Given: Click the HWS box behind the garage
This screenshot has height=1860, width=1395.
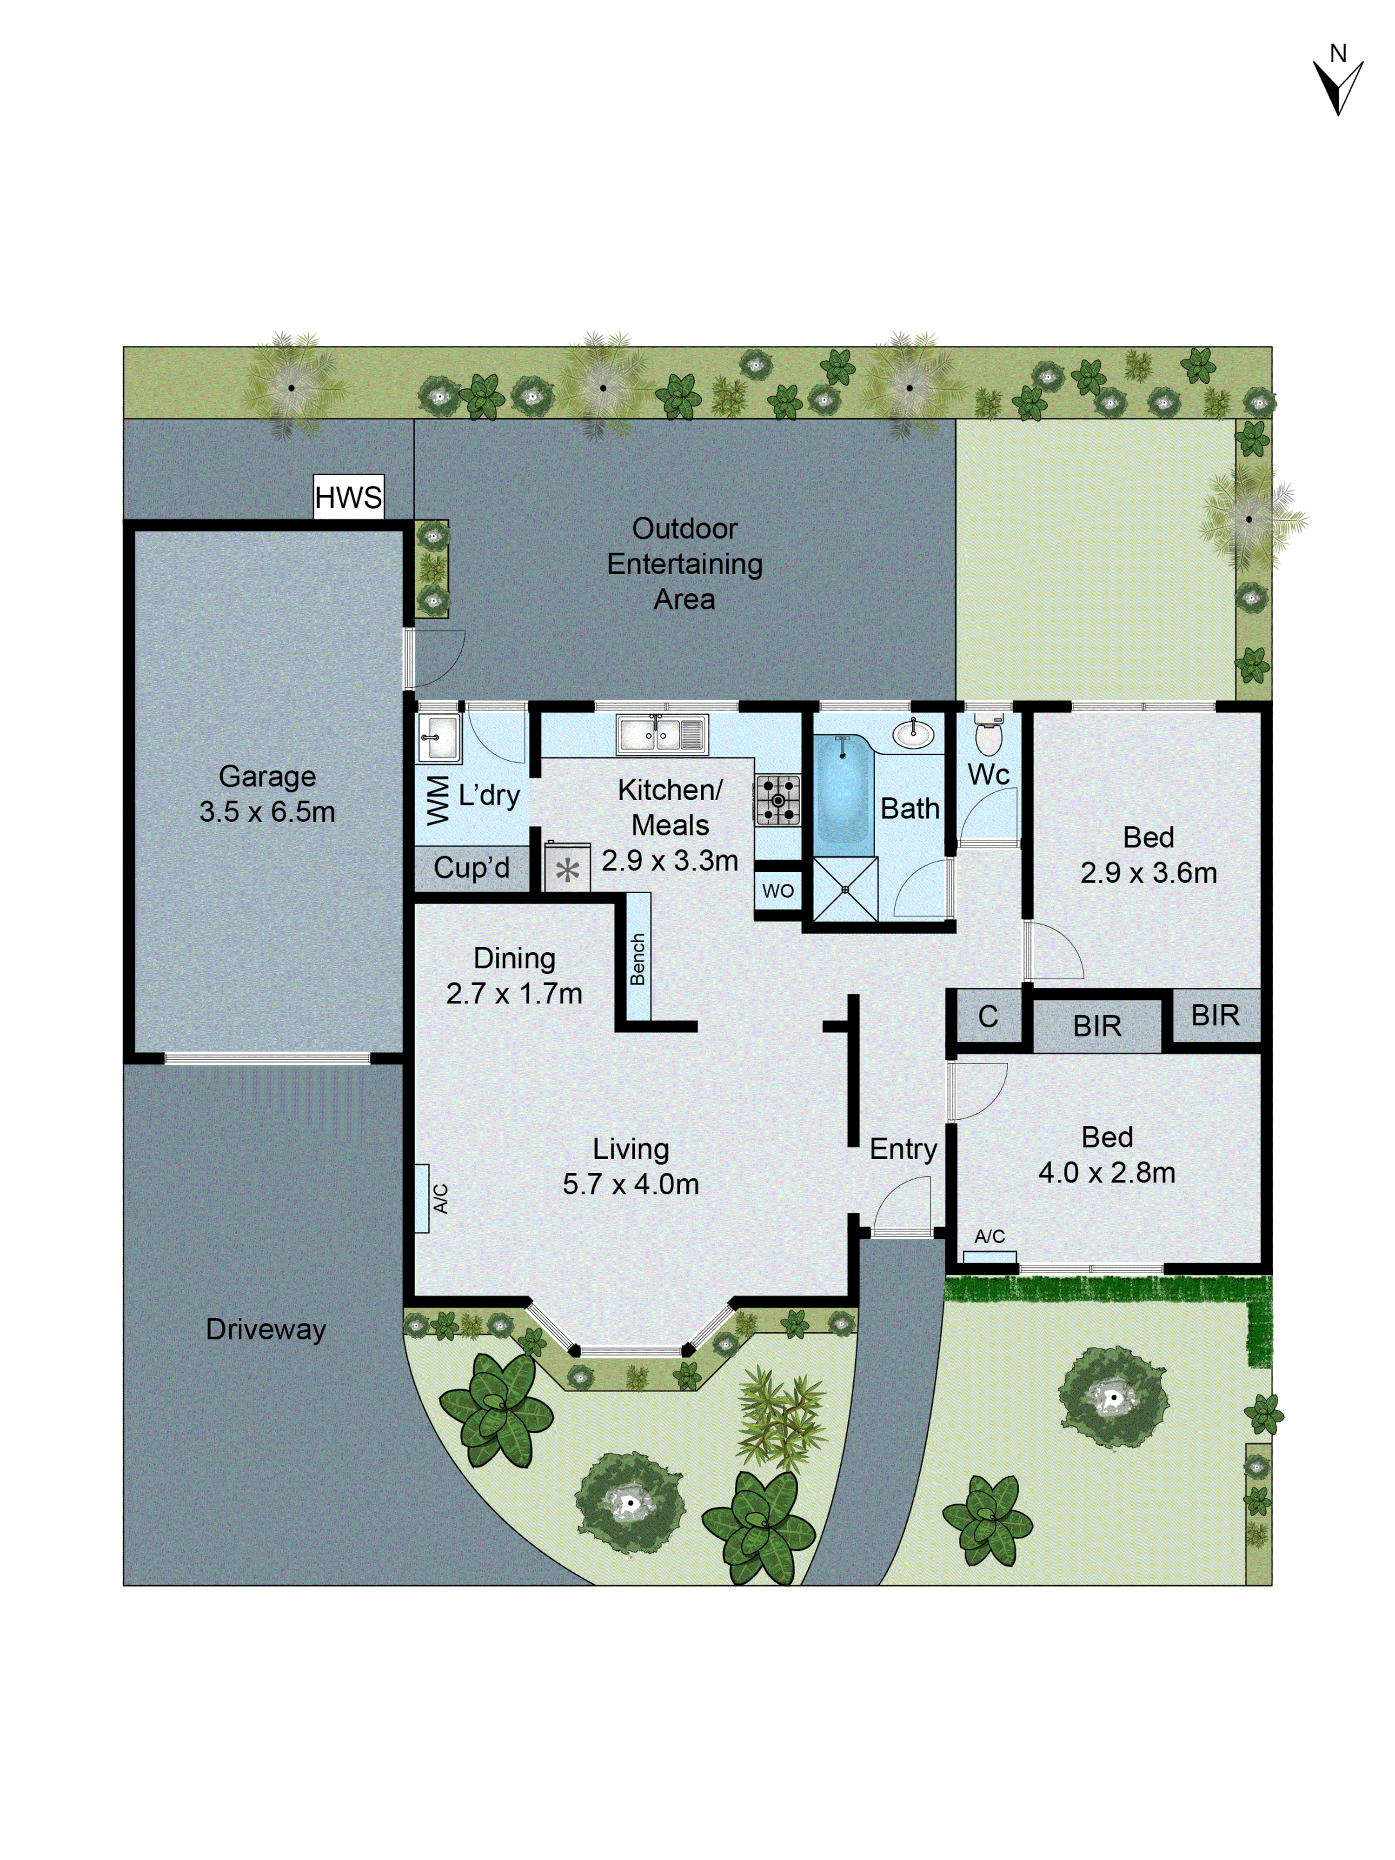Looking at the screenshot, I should pos(348,497).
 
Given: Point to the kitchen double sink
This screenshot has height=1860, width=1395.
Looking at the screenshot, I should pos(662,734).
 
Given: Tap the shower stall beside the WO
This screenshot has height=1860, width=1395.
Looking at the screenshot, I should pos(845,889).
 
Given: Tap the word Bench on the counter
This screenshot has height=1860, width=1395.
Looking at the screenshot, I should pos(638,958).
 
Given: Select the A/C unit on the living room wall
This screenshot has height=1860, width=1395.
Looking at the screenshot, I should pos(422,1198).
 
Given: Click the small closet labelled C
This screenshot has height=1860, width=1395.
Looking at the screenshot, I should pos(988,1016).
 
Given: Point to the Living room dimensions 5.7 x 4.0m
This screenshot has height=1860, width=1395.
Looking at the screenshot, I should pos(631,1184).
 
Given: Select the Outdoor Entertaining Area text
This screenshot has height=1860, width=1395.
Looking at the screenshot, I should pos(684,564).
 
